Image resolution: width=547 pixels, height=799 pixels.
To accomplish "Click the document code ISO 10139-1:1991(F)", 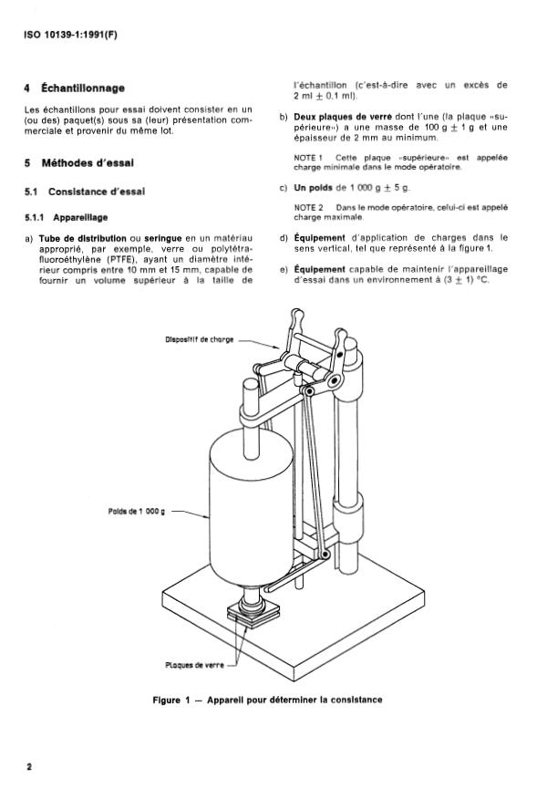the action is coord(71,36).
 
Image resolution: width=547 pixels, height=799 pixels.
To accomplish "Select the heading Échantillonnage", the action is coord(83,88).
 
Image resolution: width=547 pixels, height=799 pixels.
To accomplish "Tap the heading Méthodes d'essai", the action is coord(88,163).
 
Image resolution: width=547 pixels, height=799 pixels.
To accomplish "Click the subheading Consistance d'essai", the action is coord(97,192).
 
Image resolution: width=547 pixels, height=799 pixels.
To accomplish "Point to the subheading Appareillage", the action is coord(80,218).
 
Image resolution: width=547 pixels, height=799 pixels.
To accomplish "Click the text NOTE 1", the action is coord(308,158).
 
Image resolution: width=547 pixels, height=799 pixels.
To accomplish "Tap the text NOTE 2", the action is coord(308,207).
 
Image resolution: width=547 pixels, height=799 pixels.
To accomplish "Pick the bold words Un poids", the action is coord(314,188).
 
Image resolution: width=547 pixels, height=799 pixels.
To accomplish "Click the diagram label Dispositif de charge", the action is coord(199,339).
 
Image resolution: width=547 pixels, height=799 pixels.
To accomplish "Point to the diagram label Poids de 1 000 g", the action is coord(137,511).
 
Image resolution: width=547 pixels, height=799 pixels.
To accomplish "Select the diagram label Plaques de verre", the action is coord(194,665).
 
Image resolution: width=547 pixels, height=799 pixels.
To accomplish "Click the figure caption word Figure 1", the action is coord(171,700).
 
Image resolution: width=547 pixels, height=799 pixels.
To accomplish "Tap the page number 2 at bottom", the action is coord(29,767).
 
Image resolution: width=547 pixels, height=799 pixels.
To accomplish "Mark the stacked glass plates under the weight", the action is coord(253,613).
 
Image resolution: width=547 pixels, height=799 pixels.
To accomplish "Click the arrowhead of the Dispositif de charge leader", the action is coord(279,348).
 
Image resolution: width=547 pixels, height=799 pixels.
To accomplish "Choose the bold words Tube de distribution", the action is coord(83,238).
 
